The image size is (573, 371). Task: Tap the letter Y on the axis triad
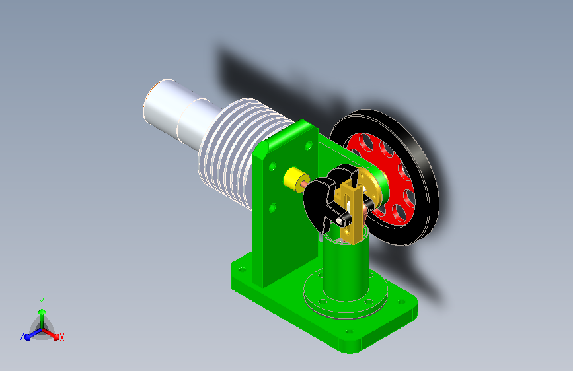pos(41,302)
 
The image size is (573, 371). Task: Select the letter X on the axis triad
pos(61,338)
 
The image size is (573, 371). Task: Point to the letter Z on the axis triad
pos(22,337)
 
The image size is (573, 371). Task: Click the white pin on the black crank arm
pos(340,221)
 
